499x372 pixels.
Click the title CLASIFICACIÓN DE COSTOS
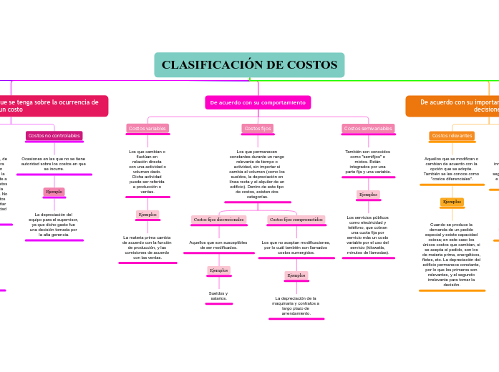(249, 65)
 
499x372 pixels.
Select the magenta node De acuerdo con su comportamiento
(258, 102)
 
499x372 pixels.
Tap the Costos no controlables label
(54, 136)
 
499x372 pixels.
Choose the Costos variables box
(147, 129)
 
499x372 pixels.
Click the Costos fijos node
(258, 129)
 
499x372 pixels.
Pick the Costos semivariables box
(368, 129)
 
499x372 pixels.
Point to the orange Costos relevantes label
(452, 136)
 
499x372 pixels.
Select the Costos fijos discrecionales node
(218, 220)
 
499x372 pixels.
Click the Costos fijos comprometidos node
(296, 220)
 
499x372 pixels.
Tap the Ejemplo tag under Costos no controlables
(54, 192)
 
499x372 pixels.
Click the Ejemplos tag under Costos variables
(147, 215)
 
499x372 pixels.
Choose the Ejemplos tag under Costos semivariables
(368, 195)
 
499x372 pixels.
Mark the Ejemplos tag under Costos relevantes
(452, 202)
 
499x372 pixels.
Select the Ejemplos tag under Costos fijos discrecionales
(218, 270)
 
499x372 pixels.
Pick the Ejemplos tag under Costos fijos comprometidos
(296, 275)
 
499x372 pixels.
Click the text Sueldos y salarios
(218, 295)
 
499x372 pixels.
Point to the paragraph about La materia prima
(147, 248)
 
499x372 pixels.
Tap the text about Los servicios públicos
(368, 235)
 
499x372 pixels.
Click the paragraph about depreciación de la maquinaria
(296, 305)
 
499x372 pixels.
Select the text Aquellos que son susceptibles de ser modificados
(218, 245)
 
